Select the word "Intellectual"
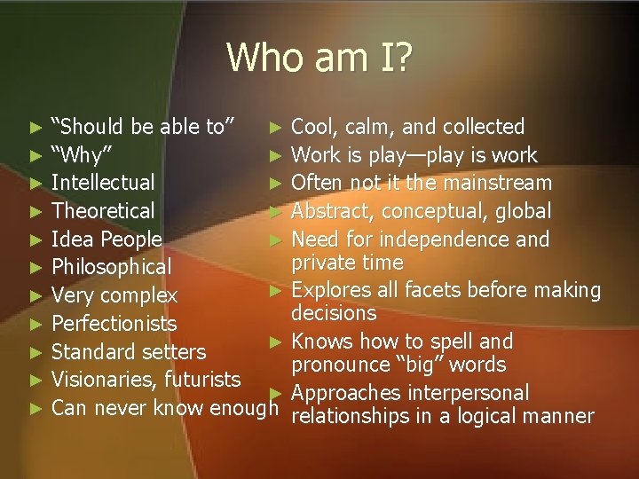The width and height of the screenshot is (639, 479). point(103,183)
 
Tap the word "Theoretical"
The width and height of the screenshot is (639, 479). point(103,211)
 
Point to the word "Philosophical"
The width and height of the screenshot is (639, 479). point(112,267)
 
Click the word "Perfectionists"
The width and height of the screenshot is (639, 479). point(114,323)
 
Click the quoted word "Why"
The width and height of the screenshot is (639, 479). point(81,155)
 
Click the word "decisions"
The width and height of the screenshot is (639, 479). point(335,313)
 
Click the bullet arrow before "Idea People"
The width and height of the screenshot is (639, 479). point(35,239)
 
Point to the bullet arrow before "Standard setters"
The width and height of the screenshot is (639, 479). point(35,352)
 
